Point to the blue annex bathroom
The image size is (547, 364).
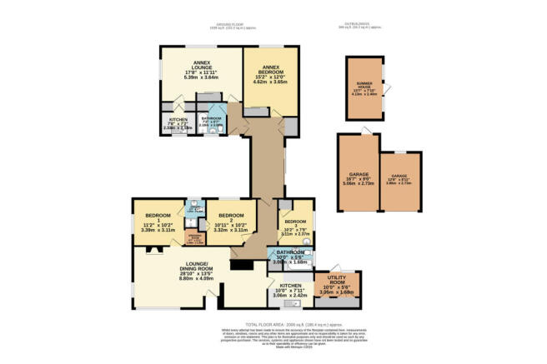[212, 123]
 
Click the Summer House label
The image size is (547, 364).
[364, 87]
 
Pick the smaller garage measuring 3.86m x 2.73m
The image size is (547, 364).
[400, 178]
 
